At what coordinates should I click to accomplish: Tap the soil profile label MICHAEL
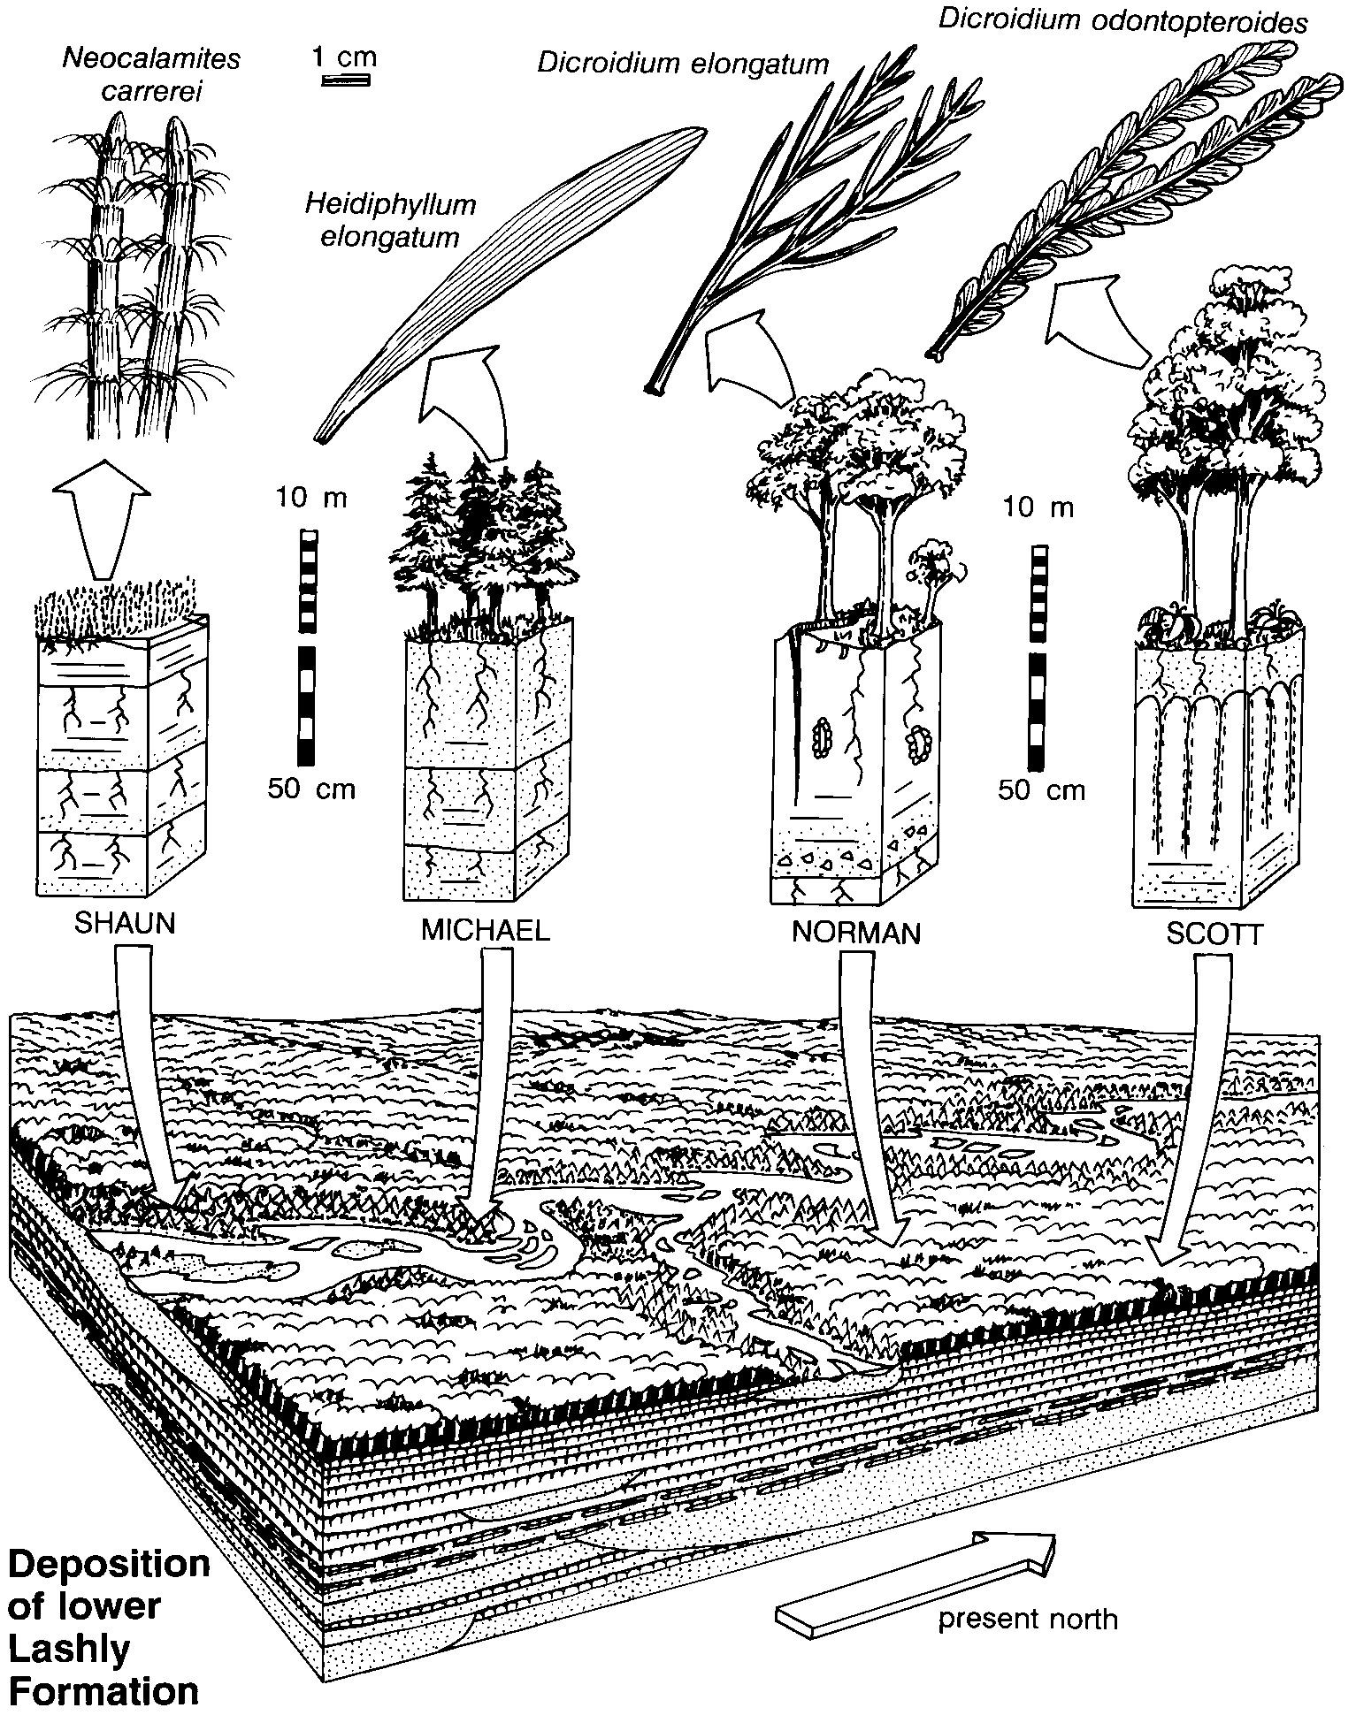pyautogui.click(x=485, y=930)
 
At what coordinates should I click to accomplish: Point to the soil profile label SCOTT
pyautogui.click(x=1213, y=934)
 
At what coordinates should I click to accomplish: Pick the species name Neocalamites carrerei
pyautogui.click(x=151, y=75)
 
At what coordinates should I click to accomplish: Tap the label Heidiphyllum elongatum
pyautogui.click(x=390, y=220)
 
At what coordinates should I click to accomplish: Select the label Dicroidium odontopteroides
pyautogui.click(x=1122, y=23)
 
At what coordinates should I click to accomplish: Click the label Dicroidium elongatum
pyautogui.click(x=683, y=64)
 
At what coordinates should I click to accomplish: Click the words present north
pyautogui.click(x=1028, y=1619)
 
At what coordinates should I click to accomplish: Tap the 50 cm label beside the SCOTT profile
pyautogui.click(x=1041, y=789)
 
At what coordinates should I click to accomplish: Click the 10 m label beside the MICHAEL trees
pyautogui.click(x=310, y=498)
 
